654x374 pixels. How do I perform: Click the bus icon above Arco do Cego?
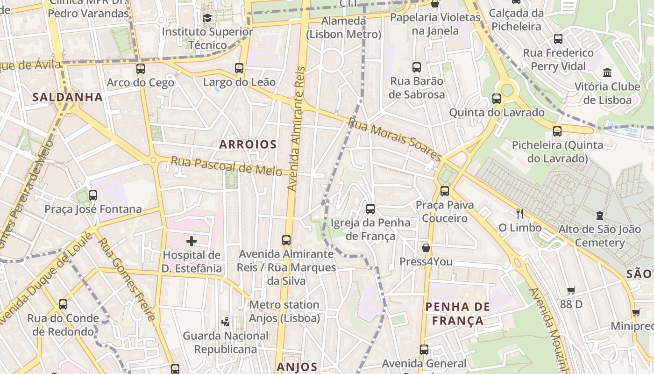coord(140,69)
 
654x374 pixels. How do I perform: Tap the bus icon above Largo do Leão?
coord(239,68)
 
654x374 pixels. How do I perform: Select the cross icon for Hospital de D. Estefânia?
coord(192,241)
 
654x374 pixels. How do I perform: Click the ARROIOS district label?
coord(248,144)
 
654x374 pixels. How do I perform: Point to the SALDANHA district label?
coord(68,97)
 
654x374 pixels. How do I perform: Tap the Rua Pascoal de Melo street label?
coord(226,166)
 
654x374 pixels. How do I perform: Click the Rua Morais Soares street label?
coord(395,139)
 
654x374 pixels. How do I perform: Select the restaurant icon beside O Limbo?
coord(519,214)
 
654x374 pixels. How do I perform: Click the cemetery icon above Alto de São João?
coord(600,216)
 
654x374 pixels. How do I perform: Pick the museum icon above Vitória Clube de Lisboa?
coord(607,73)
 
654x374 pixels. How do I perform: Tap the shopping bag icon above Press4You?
coord(426,248)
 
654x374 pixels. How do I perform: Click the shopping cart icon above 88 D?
coord(571,290)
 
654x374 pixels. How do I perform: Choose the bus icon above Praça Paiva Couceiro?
coord(444,191)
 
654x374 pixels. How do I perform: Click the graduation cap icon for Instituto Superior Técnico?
coord(207,18)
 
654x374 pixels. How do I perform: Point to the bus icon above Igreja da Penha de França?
coord(370,209)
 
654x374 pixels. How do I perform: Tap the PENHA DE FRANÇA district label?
coord(458,314)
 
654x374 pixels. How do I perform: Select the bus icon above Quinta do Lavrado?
coord(497,99)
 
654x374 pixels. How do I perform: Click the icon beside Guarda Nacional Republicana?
coord(226,322)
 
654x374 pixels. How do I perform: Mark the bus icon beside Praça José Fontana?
coord(93,195)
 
